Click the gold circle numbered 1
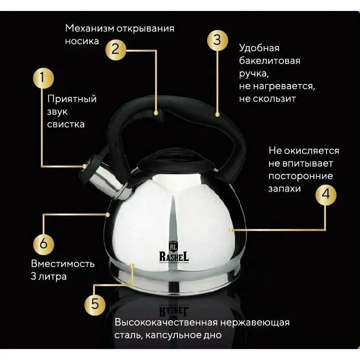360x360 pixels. [x=43, y=78]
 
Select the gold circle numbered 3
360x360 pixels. [x=218, y=40]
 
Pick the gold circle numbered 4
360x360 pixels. [x=326, y=195]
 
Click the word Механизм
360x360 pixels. [x=89, y=28]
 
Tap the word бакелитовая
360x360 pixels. [x=270, y=61]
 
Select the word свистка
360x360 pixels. [x=66, y=124]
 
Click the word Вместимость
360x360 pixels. [x=63, y=264]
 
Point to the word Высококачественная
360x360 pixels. [x=166, y=322]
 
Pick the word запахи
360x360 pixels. [x=284, y=189]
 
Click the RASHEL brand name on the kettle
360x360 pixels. [x=174, y=257]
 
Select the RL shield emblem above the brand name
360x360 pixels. [x=173, y=246]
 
